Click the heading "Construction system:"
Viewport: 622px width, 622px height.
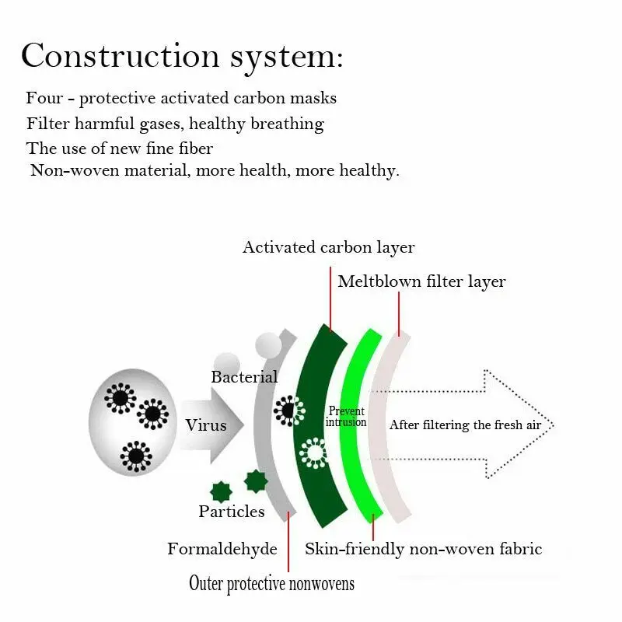[x=182, y=56]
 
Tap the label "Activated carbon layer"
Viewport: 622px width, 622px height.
[x=328, y=247]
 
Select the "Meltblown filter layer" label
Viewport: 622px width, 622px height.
[x=421, y=281]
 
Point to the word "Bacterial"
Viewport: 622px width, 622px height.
[x=244, y=377]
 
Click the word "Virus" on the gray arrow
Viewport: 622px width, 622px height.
[x=206, y=425]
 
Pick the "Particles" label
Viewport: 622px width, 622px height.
[x=231, y=511]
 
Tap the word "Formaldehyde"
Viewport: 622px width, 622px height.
[x=222, y=549]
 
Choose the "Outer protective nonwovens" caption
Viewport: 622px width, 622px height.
[x=271, y=583]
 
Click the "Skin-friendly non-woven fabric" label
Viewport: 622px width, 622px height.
[x=423, y=549]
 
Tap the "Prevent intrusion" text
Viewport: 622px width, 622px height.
[x=346, y=417]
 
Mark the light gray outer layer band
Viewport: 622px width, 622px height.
[x=269, y=482]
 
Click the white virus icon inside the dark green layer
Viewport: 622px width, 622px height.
[x=314, y=453]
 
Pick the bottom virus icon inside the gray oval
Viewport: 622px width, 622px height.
[x=137, y=456]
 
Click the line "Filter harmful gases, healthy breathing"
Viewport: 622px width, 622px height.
[x=175, y=124]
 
